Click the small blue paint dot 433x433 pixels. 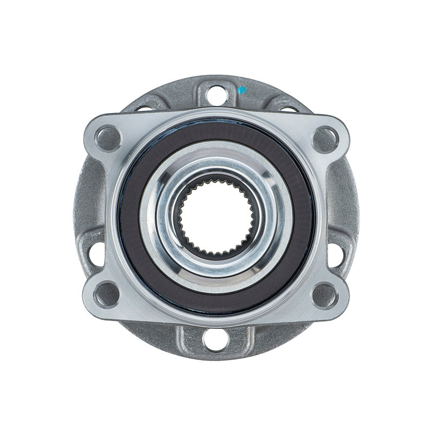(x=242, y=89)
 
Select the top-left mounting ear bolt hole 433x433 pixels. (x=108, y=135)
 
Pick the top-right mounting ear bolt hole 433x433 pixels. (x=325, y=135)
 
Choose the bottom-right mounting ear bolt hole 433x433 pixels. (x=325, y=295)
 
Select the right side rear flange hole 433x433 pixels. (x=340, y=254)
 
